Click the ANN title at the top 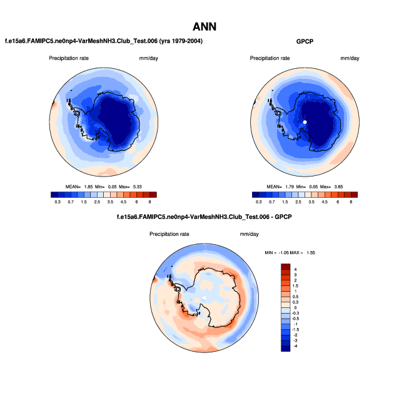pos(204,26)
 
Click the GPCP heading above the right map pos(305,41)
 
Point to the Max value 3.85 pos(346,187)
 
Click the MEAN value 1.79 pos(289,187)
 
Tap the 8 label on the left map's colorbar pos(149,202)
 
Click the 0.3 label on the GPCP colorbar pos(258,202)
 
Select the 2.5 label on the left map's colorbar pos(97,202)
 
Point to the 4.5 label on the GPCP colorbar pos(325,202)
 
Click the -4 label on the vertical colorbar pos(296,346)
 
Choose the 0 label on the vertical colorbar pos(295,307)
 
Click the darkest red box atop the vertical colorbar pos(286,267)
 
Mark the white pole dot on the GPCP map pos(305,122)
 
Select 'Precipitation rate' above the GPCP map pos(270,58)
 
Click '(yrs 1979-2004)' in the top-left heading pos(179,41)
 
